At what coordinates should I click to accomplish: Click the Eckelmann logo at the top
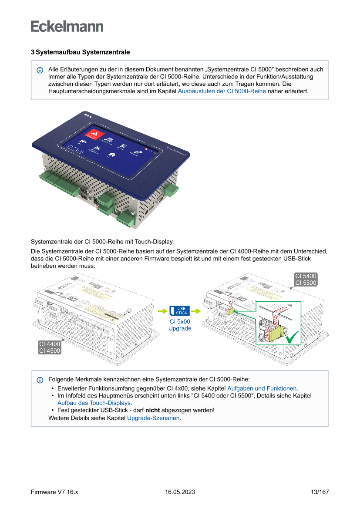67,26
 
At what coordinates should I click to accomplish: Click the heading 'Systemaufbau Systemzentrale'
83,52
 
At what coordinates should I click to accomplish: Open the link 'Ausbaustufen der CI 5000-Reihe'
222,91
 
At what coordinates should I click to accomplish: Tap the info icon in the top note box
40,70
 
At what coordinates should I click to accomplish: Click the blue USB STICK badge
179,310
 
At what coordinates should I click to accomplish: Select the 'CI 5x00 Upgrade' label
180,325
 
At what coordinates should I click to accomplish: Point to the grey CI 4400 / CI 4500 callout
49,347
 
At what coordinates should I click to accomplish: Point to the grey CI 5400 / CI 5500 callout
306,279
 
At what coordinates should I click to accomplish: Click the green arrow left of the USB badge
163,311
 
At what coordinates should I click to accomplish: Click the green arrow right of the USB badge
196,311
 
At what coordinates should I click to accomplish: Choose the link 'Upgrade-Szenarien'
153,418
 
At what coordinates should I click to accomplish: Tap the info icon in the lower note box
40,380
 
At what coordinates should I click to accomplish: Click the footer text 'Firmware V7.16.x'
54,492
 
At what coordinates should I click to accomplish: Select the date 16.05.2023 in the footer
180,492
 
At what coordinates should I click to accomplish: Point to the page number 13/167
320,492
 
